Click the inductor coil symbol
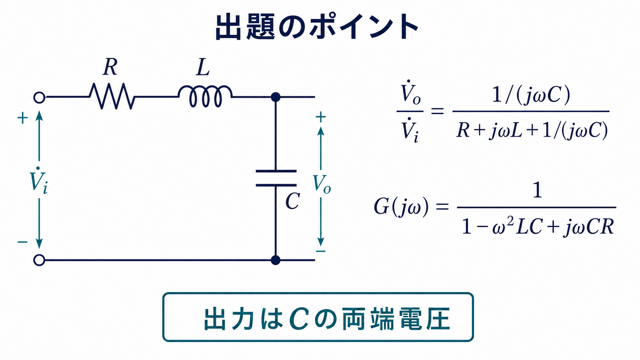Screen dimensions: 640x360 [205, 96]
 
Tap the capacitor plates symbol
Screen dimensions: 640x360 [276, 178]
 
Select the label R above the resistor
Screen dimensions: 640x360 [110, 67]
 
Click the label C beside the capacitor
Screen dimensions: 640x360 [292, 201]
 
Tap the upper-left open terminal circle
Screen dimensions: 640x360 [39, 97]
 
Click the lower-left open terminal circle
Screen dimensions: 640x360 [39, 260]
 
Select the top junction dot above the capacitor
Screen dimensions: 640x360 [276, 97]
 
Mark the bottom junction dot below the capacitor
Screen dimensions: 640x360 [276, 260]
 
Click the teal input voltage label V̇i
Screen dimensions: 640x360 [39, 181]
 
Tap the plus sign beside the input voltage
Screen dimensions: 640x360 [23, 118]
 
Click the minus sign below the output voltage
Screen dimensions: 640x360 [320, 251]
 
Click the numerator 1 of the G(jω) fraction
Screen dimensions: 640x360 [537, 191]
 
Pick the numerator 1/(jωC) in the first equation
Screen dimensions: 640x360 [531, 94]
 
